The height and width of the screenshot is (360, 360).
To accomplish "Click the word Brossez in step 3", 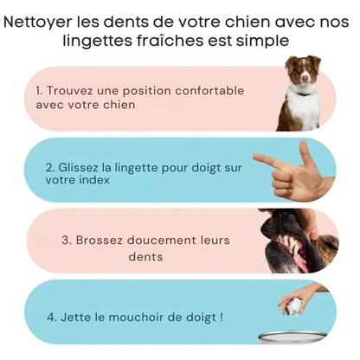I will [x=96, y=238].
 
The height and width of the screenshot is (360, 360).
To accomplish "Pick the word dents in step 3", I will [x=145, y=256].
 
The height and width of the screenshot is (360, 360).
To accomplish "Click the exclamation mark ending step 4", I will [x=221, y=318].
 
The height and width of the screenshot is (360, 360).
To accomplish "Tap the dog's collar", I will [x=301, y=91].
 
